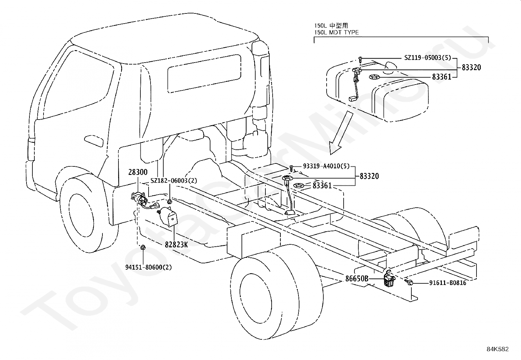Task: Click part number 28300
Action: point(138,172)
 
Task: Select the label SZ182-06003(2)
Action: point(174,181)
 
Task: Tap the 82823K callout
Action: point(176,244)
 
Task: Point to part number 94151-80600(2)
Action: point(148,267)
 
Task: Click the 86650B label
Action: point(357,279)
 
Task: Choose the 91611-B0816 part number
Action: point(448,283)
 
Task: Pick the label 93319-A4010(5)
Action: point(326,166)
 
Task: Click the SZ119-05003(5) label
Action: point(427,58)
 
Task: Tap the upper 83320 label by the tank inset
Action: point(471,67)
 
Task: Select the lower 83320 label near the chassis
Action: point(369,176)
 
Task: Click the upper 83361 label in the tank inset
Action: point(441,77)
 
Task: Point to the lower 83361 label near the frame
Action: point(322,186)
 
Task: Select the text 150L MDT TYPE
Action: point(336,32)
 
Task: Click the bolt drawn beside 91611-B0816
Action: point(409,282)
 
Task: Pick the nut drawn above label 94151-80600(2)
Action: point(143,247)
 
